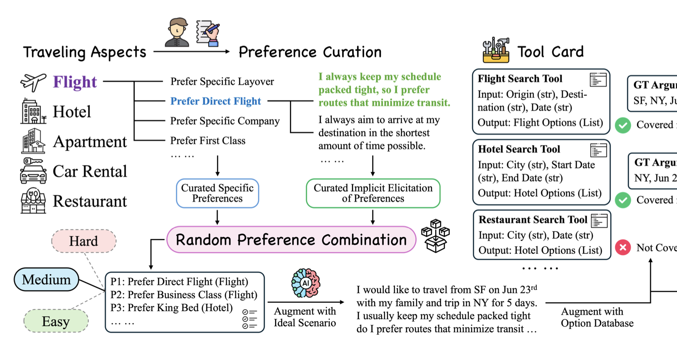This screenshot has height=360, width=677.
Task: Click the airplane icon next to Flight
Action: click(33, 82)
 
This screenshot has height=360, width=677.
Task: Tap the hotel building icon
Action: click(33, 112)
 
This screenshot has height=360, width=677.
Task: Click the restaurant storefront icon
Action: click(33, 201)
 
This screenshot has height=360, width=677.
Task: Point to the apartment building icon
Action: click(33, 141)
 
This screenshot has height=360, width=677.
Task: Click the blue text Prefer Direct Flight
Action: click(216, 101)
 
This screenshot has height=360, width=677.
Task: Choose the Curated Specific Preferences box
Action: click(217, 193)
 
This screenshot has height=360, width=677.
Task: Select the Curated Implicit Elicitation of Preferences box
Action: click(373, 193)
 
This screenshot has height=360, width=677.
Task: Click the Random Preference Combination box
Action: click(291, 240)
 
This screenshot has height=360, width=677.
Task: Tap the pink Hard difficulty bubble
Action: click(84, 241)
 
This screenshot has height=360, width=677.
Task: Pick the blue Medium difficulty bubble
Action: click(46, 280)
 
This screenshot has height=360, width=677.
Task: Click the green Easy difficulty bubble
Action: click(56, 321)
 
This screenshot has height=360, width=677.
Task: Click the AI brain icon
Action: click(306, 283)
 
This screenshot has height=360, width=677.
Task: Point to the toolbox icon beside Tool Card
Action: click(496, 50)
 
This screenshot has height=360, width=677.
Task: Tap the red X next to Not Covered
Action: click(623, 248)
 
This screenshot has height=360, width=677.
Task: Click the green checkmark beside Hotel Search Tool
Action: click(623, 200)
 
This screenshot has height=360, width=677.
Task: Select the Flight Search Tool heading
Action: click(520, 79)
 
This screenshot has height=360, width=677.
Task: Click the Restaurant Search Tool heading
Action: click(533, 219)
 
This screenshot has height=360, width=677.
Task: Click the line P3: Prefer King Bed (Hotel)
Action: click(171, 308)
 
